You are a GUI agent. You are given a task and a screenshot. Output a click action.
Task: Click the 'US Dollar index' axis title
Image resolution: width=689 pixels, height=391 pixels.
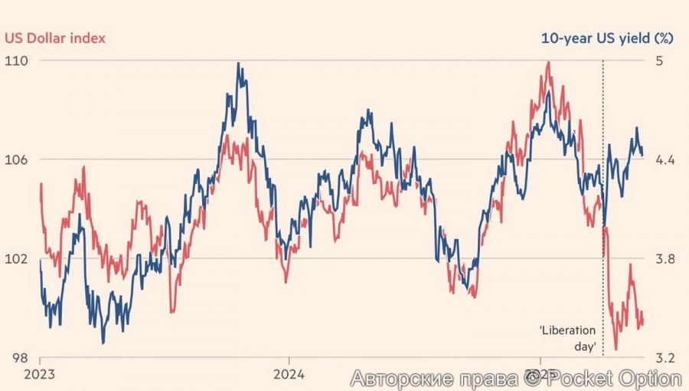point(55,37)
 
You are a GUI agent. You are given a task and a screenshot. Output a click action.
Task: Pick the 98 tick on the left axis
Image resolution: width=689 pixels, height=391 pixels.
point(13,358)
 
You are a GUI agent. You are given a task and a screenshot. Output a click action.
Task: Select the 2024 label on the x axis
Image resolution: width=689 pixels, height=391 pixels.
point(288,375)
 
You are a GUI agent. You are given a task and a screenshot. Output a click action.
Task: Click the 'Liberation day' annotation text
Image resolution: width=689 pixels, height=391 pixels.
point(567,338)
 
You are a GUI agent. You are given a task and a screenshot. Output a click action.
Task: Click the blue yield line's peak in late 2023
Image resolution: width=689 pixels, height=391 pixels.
point(239,64)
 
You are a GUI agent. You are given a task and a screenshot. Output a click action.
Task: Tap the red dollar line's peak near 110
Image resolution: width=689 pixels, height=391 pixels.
point(548,62)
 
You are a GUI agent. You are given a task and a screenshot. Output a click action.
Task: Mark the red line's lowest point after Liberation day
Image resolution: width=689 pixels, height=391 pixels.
point(616,350)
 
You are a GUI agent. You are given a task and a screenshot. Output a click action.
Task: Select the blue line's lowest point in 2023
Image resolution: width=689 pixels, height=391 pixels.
point(103,343)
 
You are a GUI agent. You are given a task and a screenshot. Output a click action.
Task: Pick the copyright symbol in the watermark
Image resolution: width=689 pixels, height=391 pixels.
point(531,378)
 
